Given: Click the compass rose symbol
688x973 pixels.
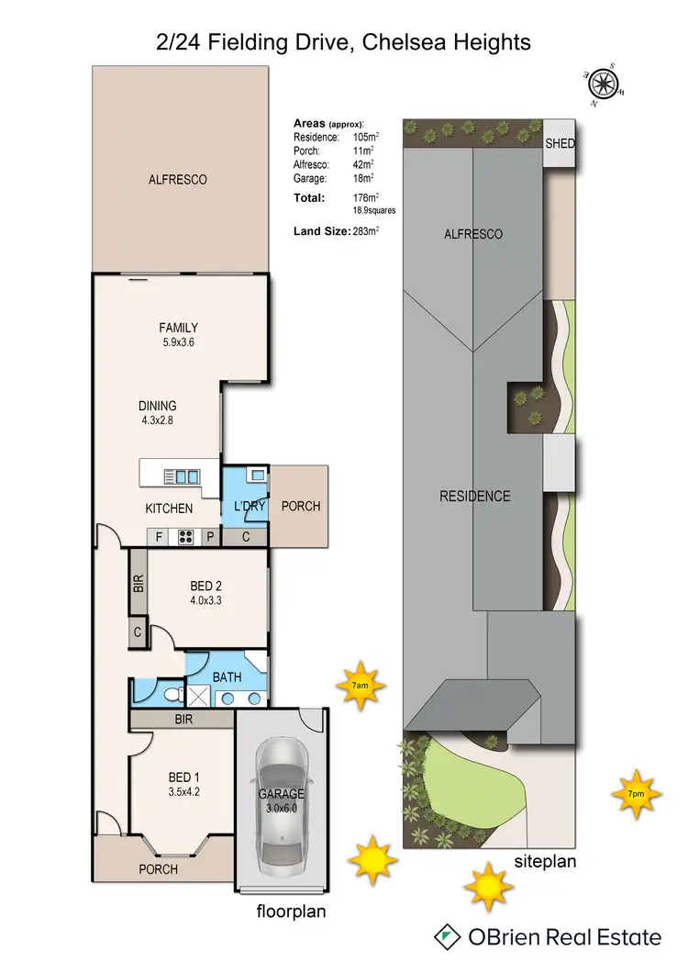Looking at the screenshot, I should (x=603, y=85).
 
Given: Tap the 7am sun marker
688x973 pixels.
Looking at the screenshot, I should (x=361, y=685).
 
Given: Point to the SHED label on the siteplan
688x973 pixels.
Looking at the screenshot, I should (x=560, y=144).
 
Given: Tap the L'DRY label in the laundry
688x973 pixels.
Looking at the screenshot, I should (x=247, y=507).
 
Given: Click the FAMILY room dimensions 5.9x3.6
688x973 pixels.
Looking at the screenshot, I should (x=178, y=342).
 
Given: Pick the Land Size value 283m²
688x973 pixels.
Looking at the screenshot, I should (x=365, y=231).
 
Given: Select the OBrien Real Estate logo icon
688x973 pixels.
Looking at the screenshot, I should (x=448, y=937).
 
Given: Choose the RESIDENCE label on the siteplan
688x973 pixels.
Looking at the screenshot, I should (x=474, y=496).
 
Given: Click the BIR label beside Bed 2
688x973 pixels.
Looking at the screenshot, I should (x=139, y=582).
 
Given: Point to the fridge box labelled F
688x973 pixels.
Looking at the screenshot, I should (x=159, y=538).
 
